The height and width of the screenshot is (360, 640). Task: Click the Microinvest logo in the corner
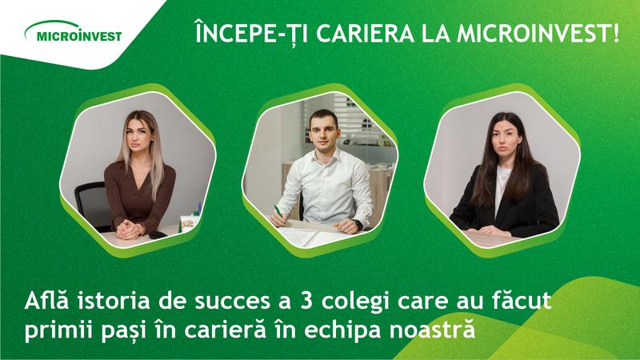pos(73,32)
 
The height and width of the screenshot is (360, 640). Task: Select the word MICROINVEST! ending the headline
pos(538,34)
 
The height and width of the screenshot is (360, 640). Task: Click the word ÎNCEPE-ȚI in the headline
pos(251,33)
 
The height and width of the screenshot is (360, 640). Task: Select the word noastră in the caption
pos(432,330)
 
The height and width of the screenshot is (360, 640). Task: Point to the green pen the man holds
pos(278,212)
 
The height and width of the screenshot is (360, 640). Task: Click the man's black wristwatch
pos(358,225)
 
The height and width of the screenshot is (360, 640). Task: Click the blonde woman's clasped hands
pos(129,230)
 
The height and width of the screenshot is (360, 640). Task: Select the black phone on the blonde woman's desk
pos(158,234)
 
